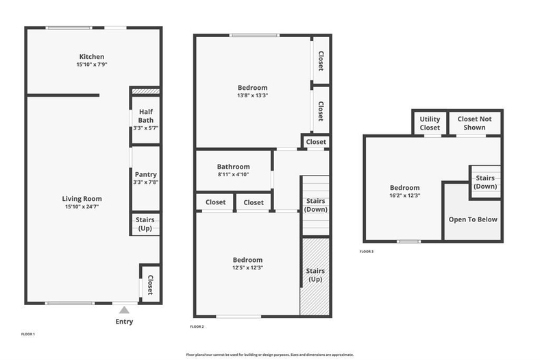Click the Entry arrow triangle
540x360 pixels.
pos(124,310)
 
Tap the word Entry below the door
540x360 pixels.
pos(124,322)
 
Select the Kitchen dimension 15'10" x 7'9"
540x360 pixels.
pos(92,64)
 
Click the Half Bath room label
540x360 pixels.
pos(146,116)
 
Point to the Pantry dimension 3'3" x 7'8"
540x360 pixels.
pos(146,182)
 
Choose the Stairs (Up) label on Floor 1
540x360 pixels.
pos(145,224)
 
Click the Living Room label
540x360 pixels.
pos(82,199)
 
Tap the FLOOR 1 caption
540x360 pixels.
pos(28,334)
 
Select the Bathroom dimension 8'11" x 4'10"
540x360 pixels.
pos(233,174)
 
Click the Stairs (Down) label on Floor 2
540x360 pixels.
pos(316,205)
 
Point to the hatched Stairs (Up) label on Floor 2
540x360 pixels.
pos(315,275)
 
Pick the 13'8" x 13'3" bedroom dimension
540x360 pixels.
pos(252,95)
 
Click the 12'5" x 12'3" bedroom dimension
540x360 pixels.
pos(247,267)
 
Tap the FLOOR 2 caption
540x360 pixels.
pos(197,326)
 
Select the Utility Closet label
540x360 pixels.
pos(430,123)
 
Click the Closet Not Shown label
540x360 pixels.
pos(475,123)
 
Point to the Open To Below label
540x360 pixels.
pos(473,219)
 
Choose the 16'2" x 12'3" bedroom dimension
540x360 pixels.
pos(404,195)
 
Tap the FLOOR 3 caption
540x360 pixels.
pos(367,252)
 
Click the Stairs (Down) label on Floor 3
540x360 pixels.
pos(485,182)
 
